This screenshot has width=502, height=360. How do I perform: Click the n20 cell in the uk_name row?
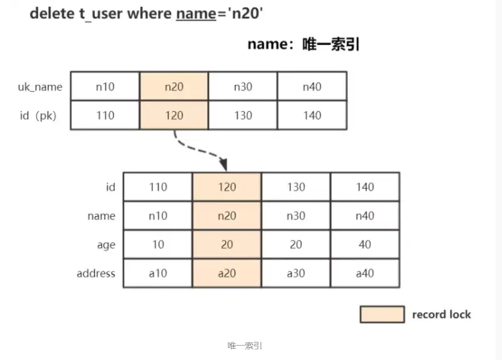click(174, 87)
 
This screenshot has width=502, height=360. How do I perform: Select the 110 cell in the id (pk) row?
click(105, 116)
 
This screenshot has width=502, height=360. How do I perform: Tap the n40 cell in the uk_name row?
click(312, 87)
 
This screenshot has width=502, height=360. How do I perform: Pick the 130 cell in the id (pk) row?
click(242, 116)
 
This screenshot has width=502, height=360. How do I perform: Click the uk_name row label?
click(40, 87)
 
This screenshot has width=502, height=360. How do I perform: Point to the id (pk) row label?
click(37, 116)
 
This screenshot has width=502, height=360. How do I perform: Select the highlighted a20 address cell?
click(227, 273)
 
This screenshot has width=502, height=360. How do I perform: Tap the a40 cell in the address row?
click(365, 273)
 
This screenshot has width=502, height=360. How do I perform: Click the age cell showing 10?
click(158, 244)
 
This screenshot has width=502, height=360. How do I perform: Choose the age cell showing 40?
click(365, 244)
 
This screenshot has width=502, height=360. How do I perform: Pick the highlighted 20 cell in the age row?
click(227, 244)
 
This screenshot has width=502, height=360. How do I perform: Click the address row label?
click(96, 273)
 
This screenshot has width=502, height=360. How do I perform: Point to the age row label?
click(106, 245)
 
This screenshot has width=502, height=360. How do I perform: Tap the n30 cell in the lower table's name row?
click(295, 216)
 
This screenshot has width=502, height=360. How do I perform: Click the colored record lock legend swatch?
click(381, 314)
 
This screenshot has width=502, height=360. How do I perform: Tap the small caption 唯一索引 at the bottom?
click(245, 346)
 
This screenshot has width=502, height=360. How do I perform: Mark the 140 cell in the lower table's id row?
click(365, 187)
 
